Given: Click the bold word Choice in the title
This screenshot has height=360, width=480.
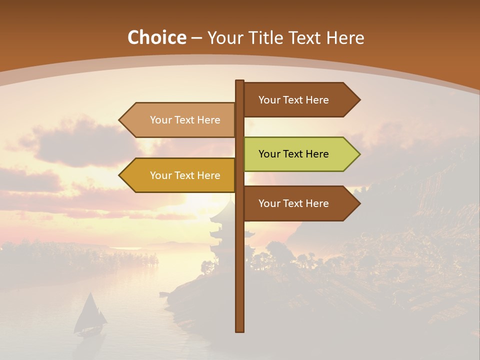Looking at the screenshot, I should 156,38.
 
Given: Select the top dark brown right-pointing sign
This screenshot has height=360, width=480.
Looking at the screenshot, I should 300,100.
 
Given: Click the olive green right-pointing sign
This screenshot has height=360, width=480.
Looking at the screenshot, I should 300,154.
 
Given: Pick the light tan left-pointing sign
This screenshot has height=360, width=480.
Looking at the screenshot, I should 180,120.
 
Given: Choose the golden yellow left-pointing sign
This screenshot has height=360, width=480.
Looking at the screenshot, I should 180,175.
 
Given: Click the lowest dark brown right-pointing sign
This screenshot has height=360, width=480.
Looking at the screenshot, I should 300,203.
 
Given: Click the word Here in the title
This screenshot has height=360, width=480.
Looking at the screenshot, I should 345,38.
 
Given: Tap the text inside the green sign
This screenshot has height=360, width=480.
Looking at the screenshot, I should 293,154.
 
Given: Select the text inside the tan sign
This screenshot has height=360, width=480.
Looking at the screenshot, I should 185,120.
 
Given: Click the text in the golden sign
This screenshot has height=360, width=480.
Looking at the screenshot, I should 185,175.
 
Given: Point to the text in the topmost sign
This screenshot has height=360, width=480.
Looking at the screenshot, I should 293,100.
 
